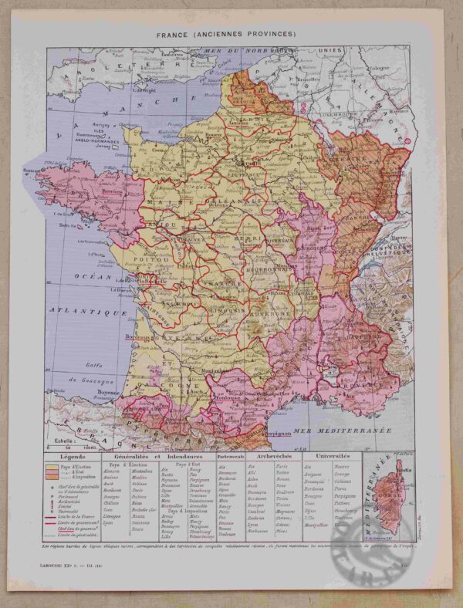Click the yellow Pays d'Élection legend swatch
tap(50, 468)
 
